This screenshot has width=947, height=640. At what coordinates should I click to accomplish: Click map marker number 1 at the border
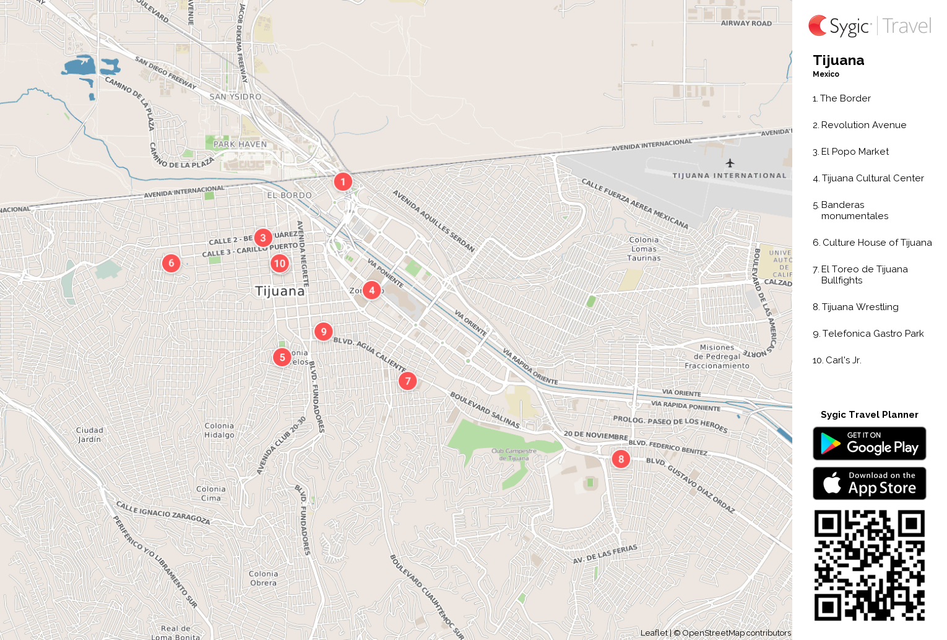tap(343, 182)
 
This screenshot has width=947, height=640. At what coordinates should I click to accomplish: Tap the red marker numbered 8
tap(621, 459)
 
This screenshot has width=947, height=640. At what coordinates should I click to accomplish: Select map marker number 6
tap(171, 263)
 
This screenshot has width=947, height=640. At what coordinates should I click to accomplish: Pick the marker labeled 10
tap(280, 264)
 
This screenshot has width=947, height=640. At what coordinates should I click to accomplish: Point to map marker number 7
tap(407, 381)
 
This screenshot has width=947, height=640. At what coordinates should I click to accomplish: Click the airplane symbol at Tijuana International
tap(730, 163)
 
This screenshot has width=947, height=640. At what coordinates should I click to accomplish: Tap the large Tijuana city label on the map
tap(280, 291)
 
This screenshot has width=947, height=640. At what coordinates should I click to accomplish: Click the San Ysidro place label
tap(235, 97)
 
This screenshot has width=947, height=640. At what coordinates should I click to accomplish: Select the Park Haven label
tap(240, 144)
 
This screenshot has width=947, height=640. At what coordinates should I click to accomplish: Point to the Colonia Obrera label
tap(264, 578)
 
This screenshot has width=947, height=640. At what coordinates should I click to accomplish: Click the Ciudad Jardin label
tap(90, 435)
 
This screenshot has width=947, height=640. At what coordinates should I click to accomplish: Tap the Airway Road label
tap(746, 24)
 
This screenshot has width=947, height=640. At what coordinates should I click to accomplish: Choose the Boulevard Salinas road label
tap(485, 410)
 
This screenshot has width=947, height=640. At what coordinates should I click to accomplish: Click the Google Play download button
tap(869, 443)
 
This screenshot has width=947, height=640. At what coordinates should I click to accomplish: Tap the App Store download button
tap(869, 483)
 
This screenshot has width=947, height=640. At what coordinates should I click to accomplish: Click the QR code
tap(869, 564)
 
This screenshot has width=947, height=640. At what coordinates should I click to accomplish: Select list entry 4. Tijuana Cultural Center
tap(868, 178)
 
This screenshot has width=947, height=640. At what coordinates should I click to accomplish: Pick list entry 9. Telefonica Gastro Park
tap(868, 334)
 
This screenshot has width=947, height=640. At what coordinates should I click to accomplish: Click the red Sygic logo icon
tap(818, 26)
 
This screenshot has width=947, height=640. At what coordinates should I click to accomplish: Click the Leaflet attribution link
tap(654, 633)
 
